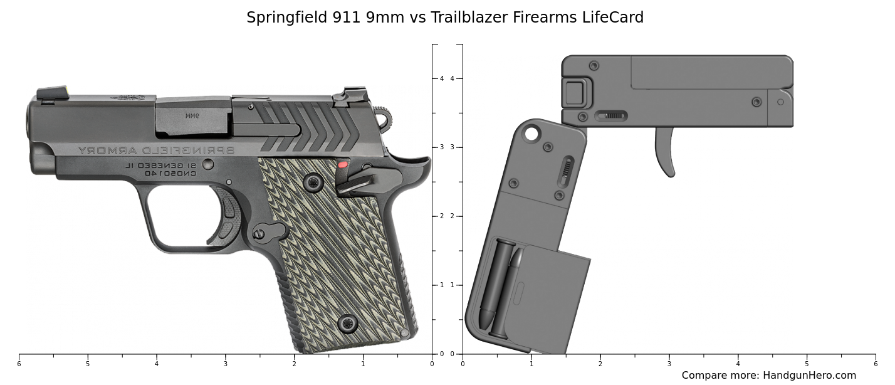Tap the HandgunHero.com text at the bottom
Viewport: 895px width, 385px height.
(809, 376)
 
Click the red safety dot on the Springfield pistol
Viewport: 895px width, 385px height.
(343, 165)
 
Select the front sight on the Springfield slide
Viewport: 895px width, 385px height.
(53, 93)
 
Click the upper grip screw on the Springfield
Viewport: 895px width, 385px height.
(313, 182)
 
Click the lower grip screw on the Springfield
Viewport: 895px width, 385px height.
(347, 324)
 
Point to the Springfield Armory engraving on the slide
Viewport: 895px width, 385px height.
(155, 150)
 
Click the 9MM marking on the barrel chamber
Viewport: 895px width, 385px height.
(192, 116)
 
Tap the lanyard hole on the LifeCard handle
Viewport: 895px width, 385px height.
(532, 133)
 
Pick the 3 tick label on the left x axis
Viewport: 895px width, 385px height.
(225, 363)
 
